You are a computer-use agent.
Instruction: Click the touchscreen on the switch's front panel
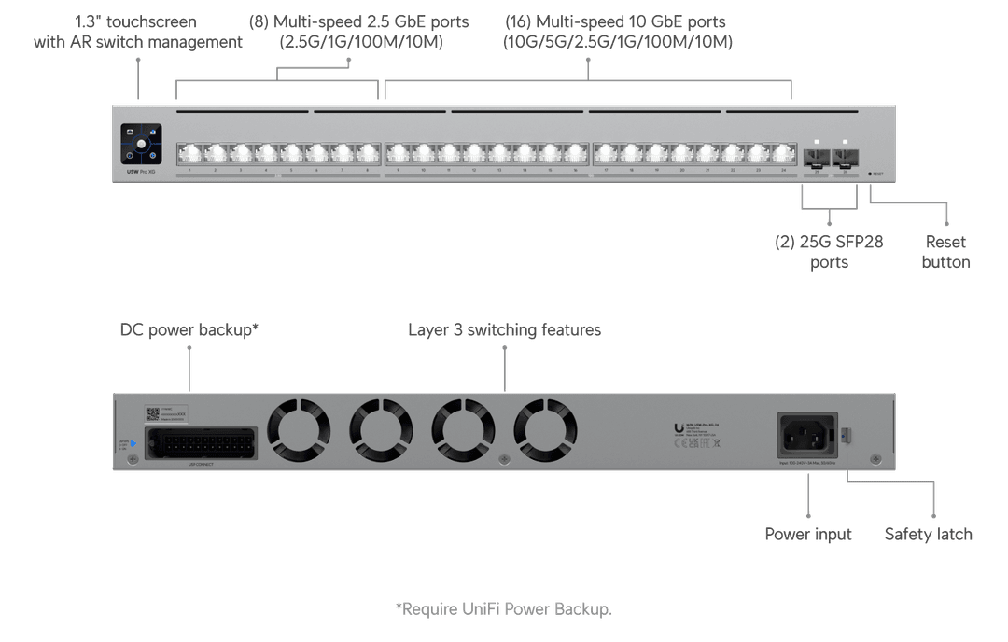click(141, 144)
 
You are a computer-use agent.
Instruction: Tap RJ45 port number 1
click(189, 153)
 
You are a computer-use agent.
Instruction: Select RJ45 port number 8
click(367, 153)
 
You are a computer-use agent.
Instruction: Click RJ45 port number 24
click(782, 153)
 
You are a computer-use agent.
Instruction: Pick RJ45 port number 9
click(399, 153)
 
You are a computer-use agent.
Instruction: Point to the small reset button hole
click(870, 174)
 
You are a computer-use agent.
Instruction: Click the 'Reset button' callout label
click(945, 252)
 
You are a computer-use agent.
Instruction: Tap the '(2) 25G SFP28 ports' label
click(829, 252)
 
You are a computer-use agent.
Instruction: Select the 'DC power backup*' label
click(189, 330)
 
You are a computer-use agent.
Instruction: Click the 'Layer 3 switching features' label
click(504, 330)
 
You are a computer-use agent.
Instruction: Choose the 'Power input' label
click(808, 535)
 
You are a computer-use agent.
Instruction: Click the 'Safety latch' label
click(928, 535)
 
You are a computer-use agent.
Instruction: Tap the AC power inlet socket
click(807, 435)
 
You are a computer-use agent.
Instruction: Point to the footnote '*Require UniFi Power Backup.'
click(504, 609)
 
